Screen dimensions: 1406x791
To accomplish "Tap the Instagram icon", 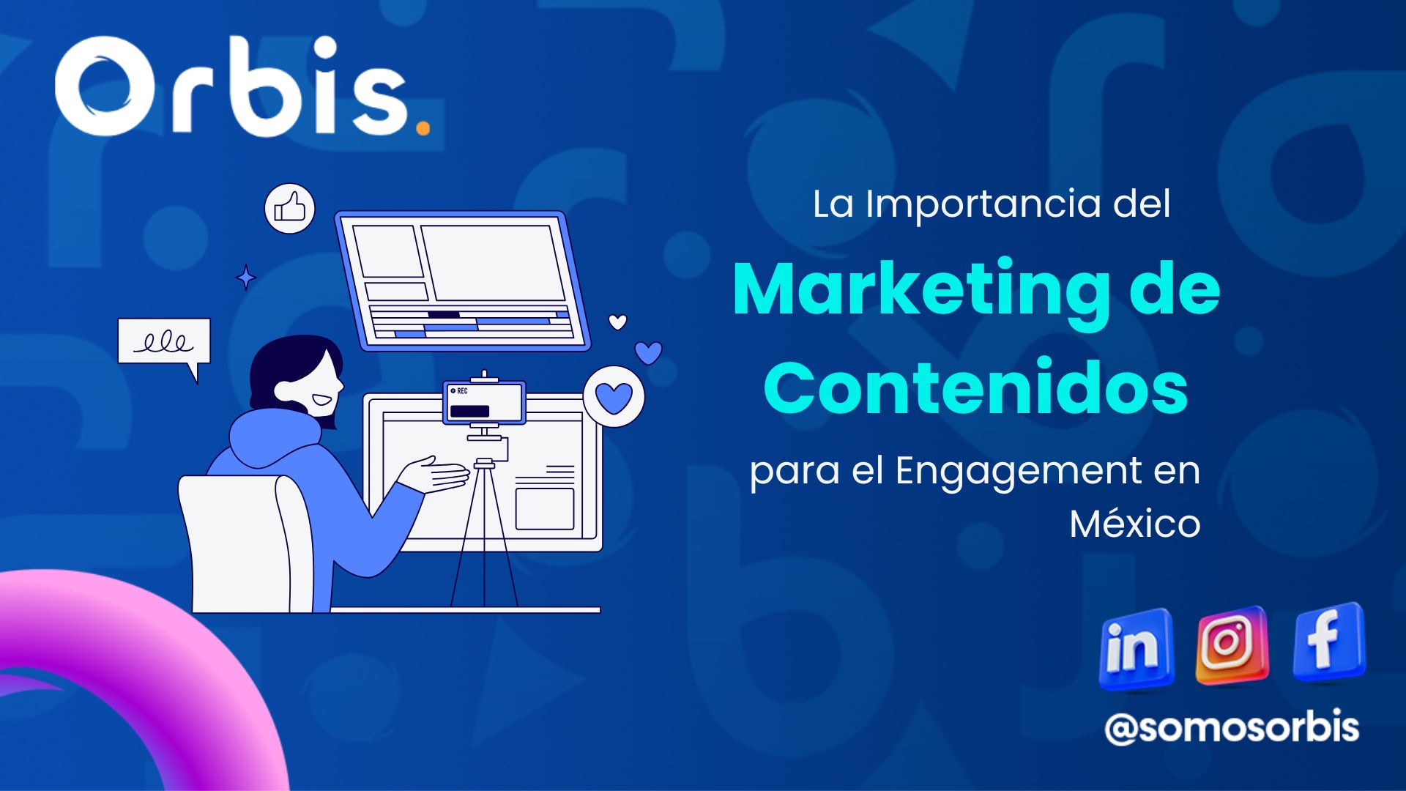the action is click(1231, 645).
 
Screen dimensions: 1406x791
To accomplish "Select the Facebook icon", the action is click(1328, 642).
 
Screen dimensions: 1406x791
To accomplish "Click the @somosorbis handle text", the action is click(1232, 727).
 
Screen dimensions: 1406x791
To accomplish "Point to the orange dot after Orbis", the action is click(423, 127).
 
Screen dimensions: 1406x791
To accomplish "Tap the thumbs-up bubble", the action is click(290, 209).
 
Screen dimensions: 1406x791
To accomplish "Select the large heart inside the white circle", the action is click(614, 398).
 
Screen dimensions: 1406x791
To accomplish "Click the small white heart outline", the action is click(618, 322).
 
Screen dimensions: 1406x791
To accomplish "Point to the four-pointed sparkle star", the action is click(246, 278).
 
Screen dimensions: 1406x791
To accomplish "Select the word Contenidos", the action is click(975, 386).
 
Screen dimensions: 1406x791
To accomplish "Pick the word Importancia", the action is click(983, 204).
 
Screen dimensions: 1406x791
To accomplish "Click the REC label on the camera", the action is click(462, 391).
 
